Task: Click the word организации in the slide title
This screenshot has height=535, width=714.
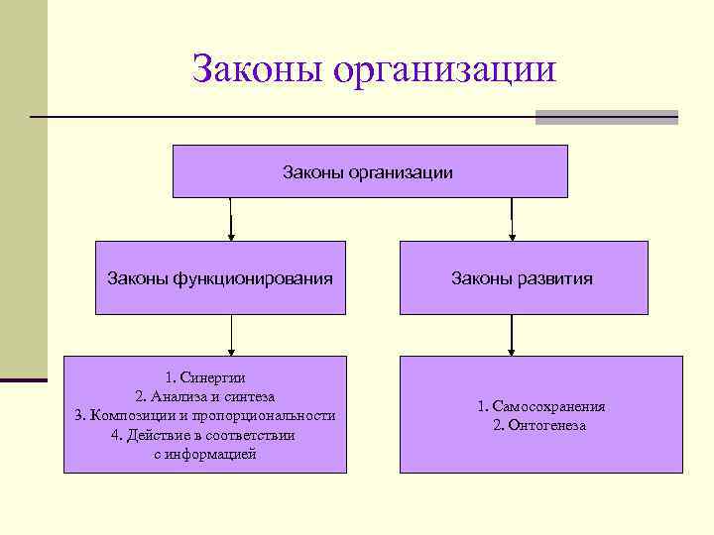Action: pos(445,70)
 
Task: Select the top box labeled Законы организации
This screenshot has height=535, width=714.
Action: pos(369,172)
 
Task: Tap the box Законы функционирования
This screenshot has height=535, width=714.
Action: pos(220,278)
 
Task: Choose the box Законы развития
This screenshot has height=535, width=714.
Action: pos(523,278)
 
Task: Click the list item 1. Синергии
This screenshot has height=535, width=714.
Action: pos(205,376)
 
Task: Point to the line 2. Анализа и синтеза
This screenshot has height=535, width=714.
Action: pos(205,395)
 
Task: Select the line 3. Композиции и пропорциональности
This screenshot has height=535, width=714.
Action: pos(205,415)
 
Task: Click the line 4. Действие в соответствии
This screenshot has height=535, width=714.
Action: pos(205,434)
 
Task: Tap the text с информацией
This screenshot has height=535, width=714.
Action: pos(205,454)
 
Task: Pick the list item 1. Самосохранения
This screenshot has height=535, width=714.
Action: pos(540,406)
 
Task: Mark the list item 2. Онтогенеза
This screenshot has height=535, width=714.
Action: pos(540,425)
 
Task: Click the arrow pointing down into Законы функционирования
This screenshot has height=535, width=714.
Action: pos(231,222)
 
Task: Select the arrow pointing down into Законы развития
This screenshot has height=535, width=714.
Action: pos(512,222)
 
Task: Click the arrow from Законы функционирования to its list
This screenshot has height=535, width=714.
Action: pos(231,336)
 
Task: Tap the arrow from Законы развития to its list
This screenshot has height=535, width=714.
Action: pos(511,336)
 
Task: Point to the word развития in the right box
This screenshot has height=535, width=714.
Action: pos(556,278)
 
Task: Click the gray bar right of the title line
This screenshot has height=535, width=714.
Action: pos(606,117)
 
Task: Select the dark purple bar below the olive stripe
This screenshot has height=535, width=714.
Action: pos(23,379)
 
